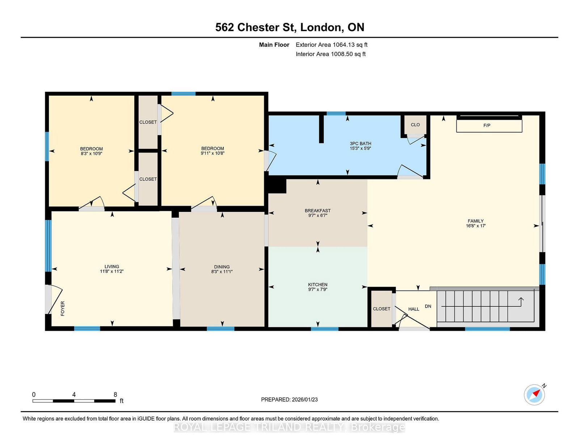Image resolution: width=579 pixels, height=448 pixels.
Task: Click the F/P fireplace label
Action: tap(487, 125)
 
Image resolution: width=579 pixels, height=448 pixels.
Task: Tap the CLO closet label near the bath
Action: tap(415, 125)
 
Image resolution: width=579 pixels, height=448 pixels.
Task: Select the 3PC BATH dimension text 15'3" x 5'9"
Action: tap(360, 148)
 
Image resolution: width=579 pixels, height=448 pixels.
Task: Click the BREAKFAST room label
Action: tap(318, 211)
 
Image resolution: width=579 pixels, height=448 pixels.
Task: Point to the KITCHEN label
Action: tap(318, 285)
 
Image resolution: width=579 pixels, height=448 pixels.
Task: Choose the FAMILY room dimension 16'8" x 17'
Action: tap(476, 226)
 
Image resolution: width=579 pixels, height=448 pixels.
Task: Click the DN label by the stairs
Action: tap(428, 306)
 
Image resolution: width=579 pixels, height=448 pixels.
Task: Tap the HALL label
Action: tap(414, 309)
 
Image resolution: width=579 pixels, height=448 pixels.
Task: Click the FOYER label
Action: tap(63, 309)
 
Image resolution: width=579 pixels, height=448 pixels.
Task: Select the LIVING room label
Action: tap(112, 267)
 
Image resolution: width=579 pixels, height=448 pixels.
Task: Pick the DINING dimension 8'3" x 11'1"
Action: tap(222, 272)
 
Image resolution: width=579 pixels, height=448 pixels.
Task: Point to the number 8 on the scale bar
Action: tap(115, 394)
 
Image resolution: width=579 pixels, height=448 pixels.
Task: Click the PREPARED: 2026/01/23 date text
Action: tap(289, 399)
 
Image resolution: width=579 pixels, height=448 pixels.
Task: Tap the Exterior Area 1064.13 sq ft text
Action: tap(331, 45)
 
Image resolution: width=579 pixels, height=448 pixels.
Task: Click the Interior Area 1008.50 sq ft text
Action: tap(330, 54)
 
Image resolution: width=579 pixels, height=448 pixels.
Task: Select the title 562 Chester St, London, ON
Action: tap(289, 27)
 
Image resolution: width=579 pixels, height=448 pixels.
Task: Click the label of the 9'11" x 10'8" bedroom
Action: tap(212, 148)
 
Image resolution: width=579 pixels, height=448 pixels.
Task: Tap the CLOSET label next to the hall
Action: tap(381, 309)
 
